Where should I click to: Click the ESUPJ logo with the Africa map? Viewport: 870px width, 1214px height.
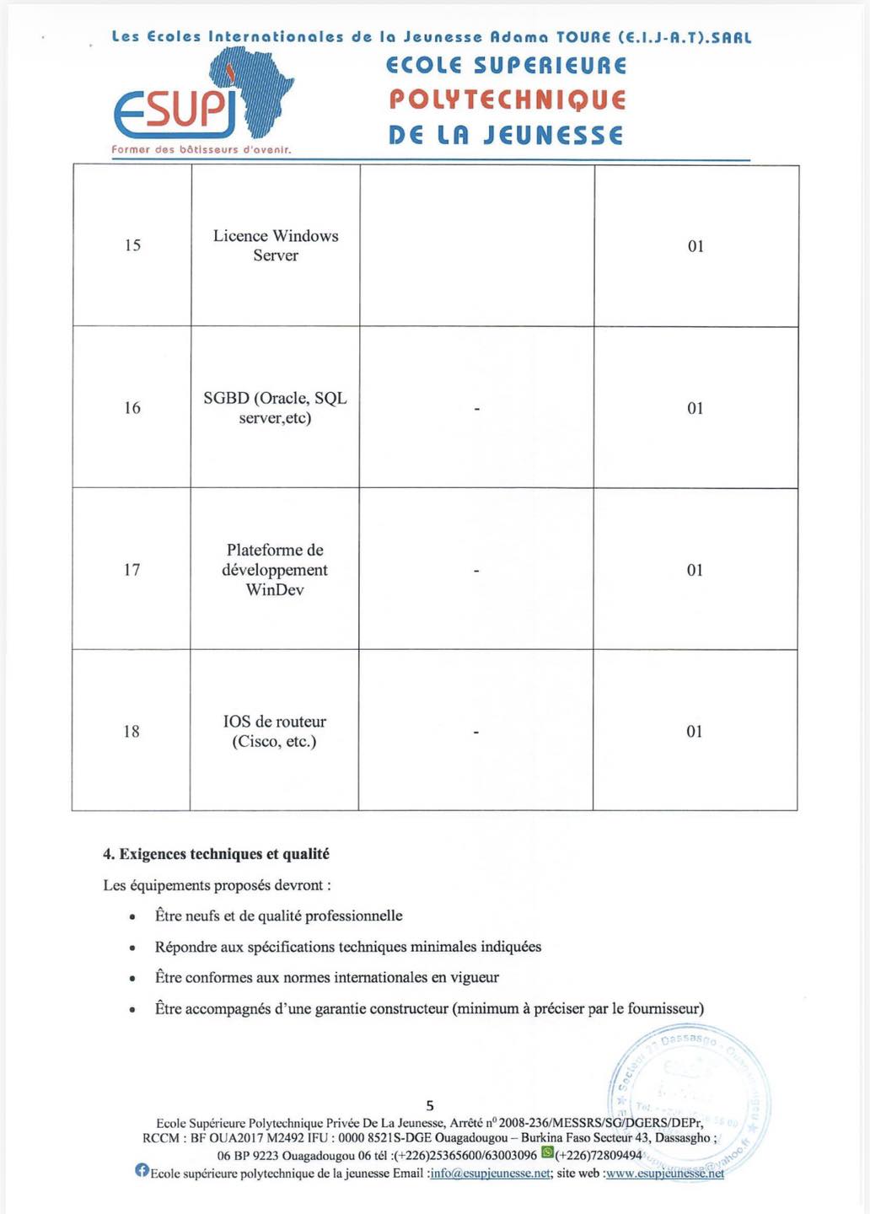203,97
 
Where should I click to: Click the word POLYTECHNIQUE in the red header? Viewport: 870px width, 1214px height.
507,100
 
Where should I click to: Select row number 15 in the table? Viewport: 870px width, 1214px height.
132,245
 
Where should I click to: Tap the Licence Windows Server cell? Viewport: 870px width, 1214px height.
276,245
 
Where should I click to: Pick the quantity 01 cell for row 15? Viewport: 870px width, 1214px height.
695,246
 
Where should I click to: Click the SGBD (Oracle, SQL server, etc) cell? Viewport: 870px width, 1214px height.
275,408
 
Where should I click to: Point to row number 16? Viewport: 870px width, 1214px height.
132,408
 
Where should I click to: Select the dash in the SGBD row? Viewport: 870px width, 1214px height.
477,409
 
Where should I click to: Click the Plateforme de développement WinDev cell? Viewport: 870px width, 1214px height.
275,570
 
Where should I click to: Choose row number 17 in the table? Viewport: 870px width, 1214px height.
132,570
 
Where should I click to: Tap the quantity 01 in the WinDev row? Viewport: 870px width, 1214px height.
695,570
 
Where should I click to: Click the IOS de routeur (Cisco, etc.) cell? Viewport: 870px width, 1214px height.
274,732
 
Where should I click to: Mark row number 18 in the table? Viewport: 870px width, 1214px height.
132,732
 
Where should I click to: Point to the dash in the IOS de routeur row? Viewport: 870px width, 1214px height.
476,733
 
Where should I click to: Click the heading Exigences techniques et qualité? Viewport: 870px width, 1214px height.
216,854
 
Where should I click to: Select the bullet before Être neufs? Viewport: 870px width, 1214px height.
132,917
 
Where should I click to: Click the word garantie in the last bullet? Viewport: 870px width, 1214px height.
340,1008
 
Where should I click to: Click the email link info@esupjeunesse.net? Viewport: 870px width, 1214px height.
490,1174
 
